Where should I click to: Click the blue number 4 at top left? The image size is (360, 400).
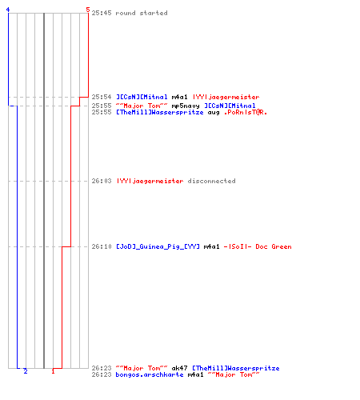(x=8, y=10)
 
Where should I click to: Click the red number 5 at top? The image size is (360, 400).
(x=88, y=10)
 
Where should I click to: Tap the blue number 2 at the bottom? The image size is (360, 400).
(x=26, y=371)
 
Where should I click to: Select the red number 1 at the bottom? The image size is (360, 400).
(x=53, y=371)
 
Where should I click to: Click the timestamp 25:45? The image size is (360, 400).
(x=102, y=13)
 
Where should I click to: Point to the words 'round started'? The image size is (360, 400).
(x=142, y=13)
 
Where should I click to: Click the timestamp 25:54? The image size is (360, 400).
(x=102, y=97)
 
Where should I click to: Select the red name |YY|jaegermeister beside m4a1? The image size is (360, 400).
(x=226, y=97)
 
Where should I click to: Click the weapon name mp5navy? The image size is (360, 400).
(x=186, y=106)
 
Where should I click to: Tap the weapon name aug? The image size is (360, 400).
(x=214, y=113)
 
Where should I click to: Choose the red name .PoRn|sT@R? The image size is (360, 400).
(x=246, y=112)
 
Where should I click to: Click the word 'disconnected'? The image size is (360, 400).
(x=212, y=181)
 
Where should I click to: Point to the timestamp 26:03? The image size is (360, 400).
(x=102, y=181)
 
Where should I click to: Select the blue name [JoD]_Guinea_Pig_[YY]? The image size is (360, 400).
(x=158, y=246)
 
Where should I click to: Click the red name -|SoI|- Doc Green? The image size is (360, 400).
(x=258, y=246)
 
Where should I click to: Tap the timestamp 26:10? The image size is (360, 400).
(x=102, y=246)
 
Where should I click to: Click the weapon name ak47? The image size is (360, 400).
(x=179, y=368)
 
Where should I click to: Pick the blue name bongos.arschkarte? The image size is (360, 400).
(x=150, y=375)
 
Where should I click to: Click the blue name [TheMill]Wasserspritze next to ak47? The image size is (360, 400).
(x=236, y=369)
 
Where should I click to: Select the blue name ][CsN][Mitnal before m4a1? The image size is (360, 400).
(x=142, y=97)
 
